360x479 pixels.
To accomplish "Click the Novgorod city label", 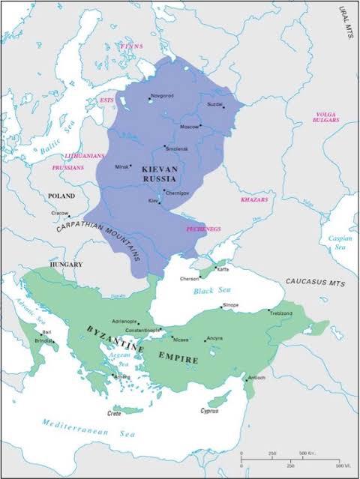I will point(163,96).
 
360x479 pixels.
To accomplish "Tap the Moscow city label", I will point(188,126).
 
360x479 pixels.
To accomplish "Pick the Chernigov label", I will point(177,193).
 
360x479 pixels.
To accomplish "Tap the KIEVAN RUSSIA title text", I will point(159,175).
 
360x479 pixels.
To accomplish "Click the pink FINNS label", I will point(130,46).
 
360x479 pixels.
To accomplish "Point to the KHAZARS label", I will point(253,200).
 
